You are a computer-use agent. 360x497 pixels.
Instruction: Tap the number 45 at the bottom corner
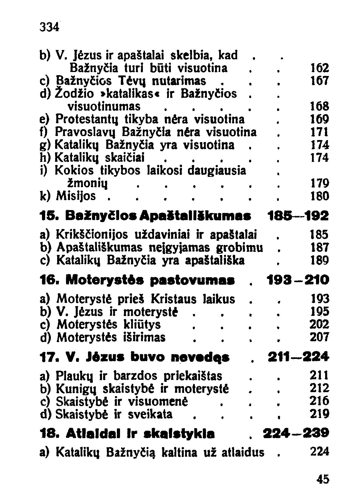(323, 478)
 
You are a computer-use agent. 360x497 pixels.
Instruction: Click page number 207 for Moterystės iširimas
(320, 337)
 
